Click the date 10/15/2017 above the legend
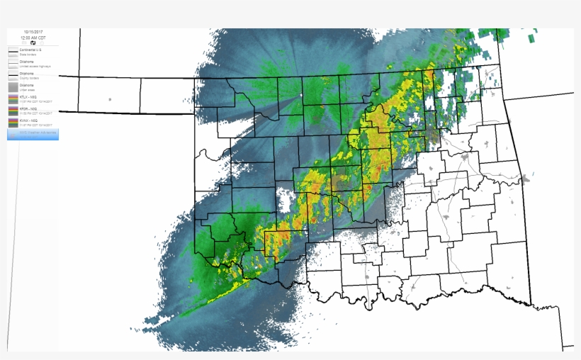click(x=33, y=32)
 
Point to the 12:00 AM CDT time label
click(x=33, y=38)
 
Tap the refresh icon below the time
click(x=33, y=43)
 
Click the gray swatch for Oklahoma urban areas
click(x=13, y=89)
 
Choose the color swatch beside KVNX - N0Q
click(x=13, y=123)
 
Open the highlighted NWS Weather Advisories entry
click(x=33, y=134)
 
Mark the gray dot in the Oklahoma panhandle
click(x=110, y=99)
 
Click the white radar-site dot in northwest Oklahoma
click(x=300, y=95)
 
